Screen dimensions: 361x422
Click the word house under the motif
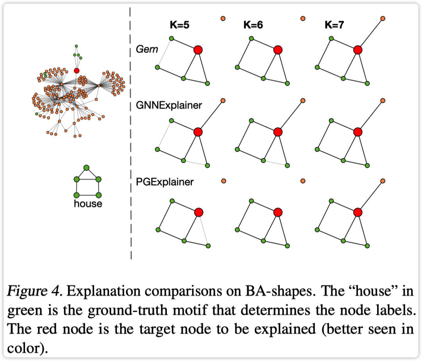pos(88,204)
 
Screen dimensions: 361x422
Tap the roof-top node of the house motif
pos(86,168)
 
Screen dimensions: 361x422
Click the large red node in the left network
pos(77,71)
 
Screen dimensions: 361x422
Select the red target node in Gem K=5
pos(198,50)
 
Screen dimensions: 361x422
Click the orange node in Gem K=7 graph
pos(383,19)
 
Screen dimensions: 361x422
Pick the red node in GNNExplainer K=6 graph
pos(278,132)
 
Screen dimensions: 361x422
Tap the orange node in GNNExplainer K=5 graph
pos(223,100)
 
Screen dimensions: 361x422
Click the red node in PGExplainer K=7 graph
pos(358,212)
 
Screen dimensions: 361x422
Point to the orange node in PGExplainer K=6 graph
pos(303,180)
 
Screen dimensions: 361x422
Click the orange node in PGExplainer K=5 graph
pos(224,181)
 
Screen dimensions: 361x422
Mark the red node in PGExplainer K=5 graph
pos(198,212)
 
